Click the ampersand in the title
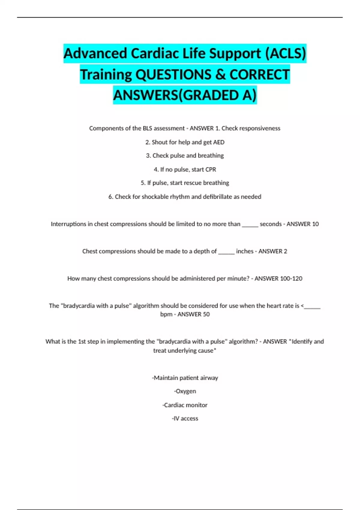point(220,74)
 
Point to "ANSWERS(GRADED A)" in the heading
point(185,95)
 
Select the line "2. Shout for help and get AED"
point(185,142)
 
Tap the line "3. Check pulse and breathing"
point(185,156)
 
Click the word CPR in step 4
point(211,169)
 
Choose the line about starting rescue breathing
point(185,183)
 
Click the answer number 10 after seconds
point(315,224)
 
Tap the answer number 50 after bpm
point(206,314)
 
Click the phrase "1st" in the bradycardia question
point(82,342)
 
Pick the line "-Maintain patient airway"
point(185,378)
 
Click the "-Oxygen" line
point(185,391)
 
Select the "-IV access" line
point(185,418)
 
